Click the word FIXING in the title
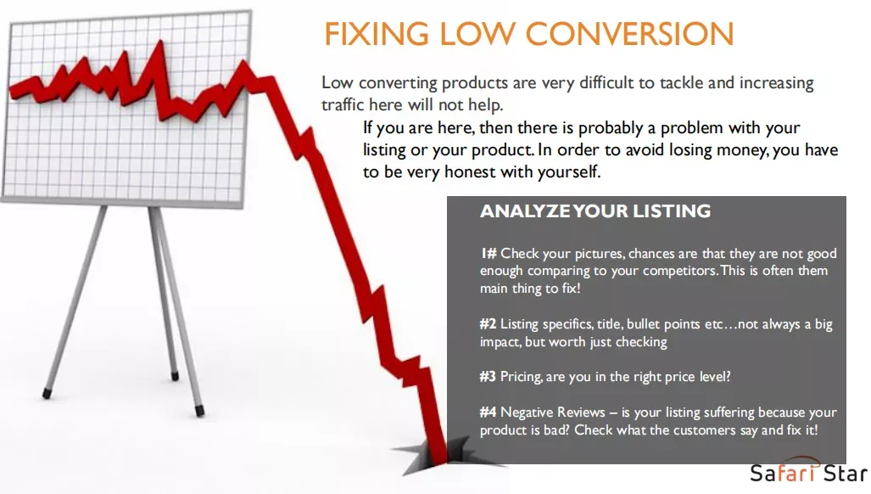(376, 34)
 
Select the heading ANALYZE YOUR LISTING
(595, 211)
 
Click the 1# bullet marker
(489, 254)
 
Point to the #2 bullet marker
(488, 324)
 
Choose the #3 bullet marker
(488, 377)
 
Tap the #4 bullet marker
(488, 413)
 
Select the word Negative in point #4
(525, 413)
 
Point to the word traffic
(343, 104)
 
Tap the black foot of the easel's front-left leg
(47, 394)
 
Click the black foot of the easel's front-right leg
(199, 411)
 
